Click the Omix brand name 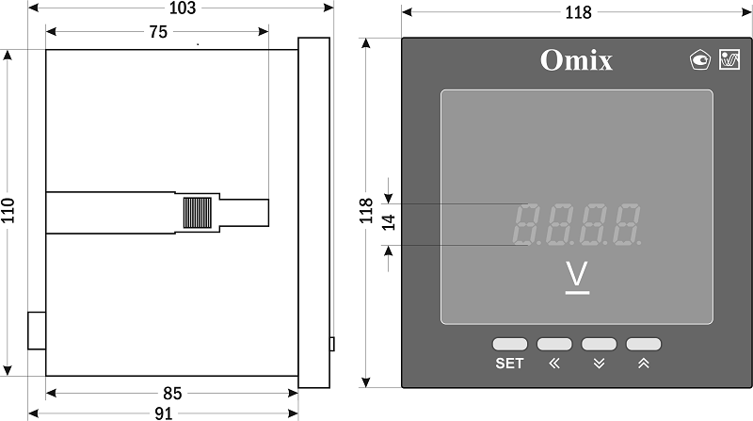point(576,60)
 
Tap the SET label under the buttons point(509,364)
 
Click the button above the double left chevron point(554,344)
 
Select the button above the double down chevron point(599,344)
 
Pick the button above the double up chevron point(644,344)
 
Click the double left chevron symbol point(554,364)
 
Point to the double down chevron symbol point(599,364)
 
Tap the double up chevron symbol point(644,364)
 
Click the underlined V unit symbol point(577,277)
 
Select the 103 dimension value point(183,8)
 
